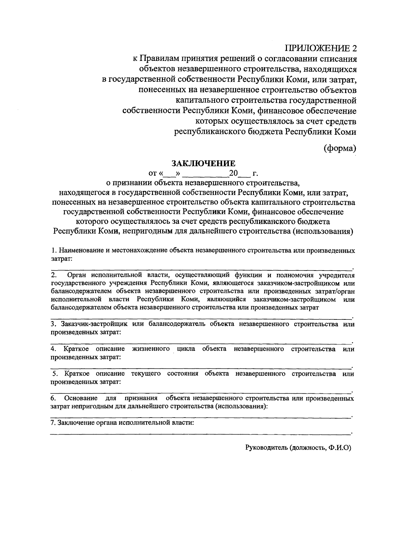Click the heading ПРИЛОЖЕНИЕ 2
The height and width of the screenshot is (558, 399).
click(322, 48)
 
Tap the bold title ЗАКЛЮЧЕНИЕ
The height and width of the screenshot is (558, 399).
click(203, 163)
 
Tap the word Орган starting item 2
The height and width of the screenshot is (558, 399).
click(76, 276)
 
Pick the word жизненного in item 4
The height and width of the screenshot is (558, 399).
click(151, 349)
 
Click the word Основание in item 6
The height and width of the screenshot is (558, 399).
click(81, 398)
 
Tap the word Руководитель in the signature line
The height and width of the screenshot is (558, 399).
click(266, 448)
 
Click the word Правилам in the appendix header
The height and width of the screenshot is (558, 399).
click(159, 59)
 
